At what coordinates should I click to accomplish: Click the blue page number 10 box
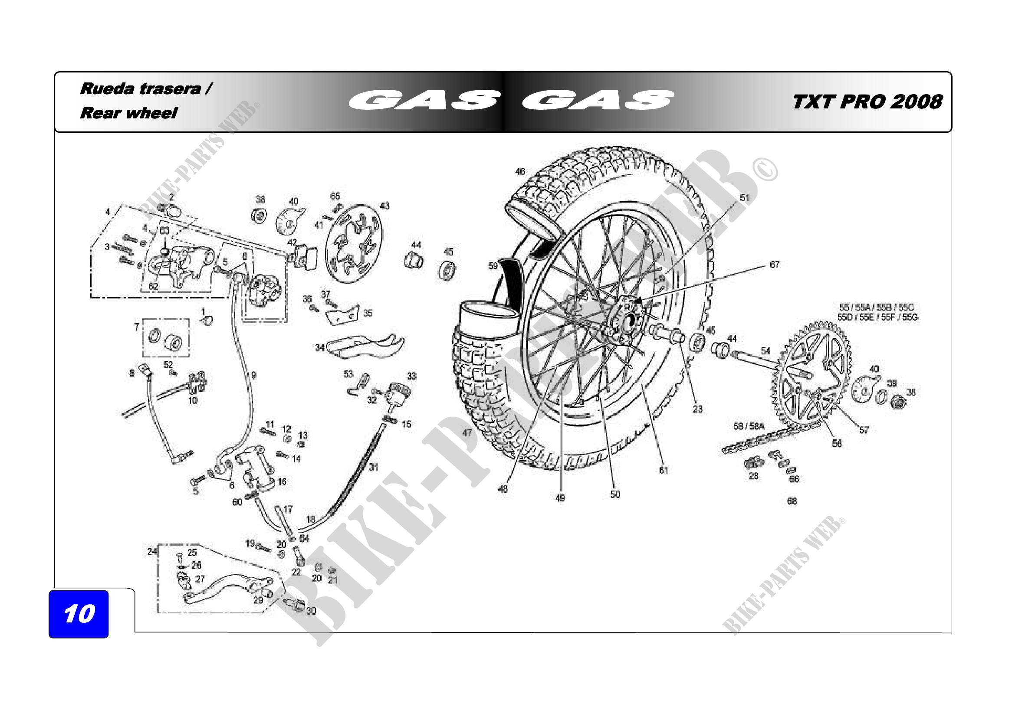79,614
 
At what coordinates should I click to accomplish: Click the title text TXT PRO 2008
867,102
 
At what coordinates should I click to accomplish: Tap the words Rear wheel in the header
128,113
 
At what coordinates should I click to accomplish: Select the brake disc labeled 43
354,242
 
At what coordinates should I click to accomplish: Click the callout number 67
775,265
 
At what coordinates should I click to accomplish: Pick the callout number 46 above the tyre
520,171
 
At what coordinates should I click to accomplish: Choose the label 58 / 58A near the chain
749,426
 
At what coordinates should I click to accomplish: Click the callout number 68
792,501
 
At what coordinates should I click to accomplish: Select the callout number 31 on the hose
374,467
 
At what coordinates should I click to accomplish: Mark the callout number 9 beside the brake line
254,376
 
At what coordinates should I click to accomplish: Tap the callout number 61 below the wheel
663,470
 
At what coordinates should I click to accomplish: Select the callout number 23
697,409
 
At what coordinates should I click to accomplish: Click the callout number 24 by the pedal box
151,551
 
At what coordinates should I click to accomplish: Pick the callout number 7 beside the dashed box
137,327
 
